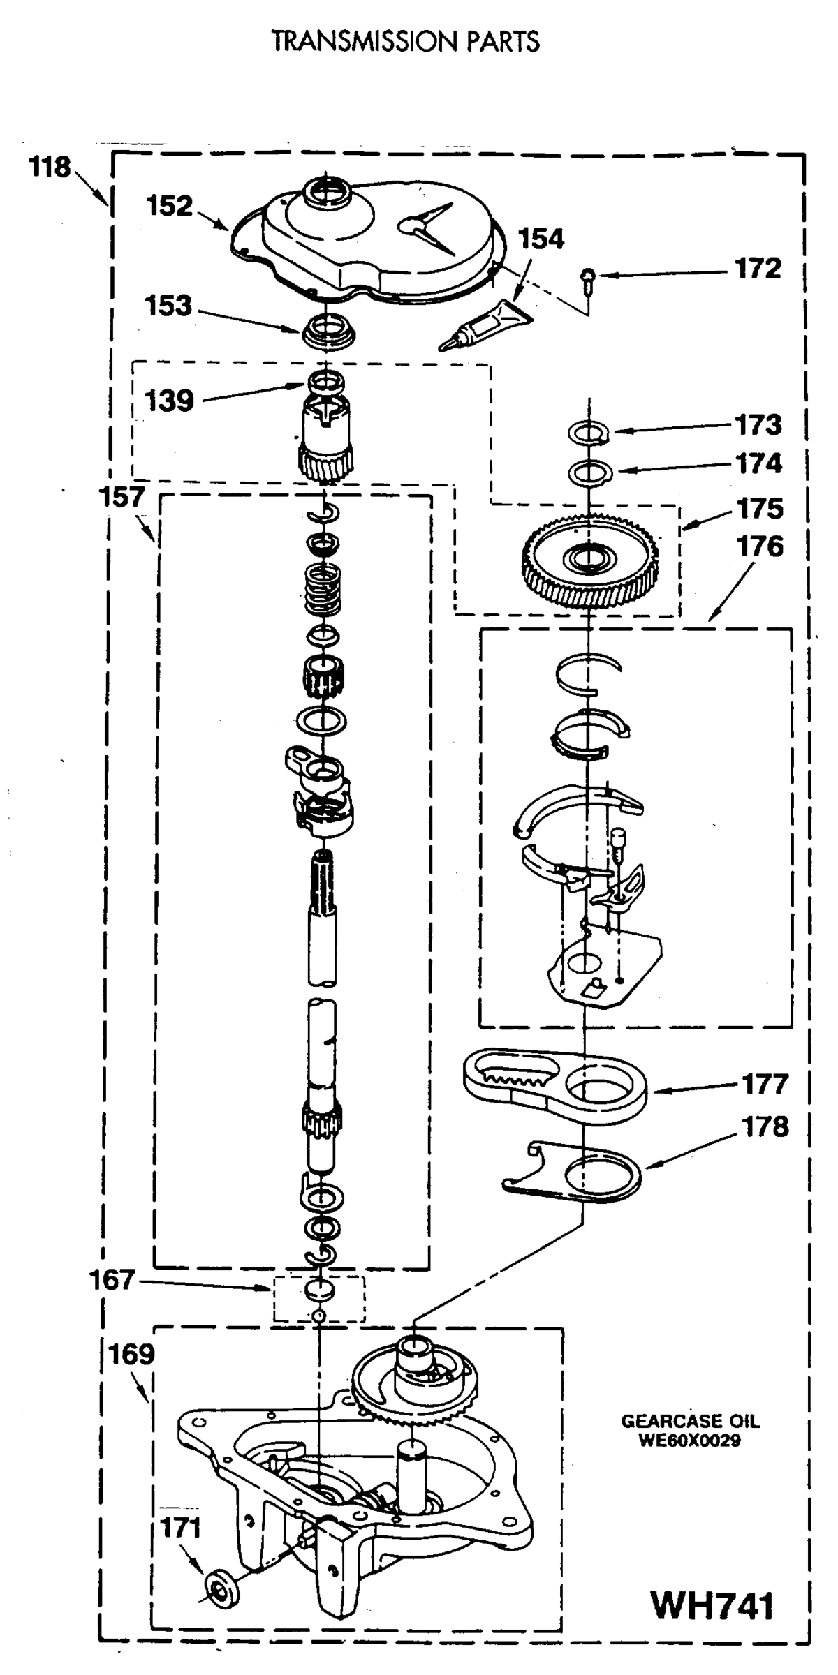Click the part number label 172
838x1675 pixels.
click(x=758, y=269)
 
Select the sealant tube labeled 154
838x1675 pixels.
click(x=485, y=324)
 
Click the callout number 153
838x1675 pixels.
click(x=168, y=306)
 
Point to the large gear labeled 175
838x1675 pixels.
click(x=591, y=559)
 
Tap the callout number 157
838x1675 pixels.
click(x=122, y=498)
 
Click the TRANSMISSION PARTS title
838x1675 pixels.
click(x=406, y=42)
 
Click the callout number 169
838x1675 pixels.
click(x=131, y=1355)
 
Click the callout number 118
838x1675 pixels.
click(x=50, y=168)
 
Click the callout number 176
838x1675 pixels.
click(x=760, y=547)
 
